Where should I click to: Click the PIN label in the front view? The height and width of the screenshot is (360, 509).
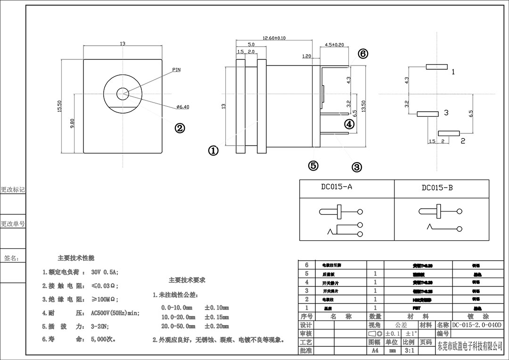pyautogui.click(x=176, y=70)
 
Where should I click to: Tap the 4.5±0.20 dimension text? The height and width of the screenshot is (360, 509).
pyautogui.click(x=334, y=45)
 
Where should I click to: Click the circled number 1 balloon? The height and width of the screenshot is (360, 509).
pyautogui.click(x=213, y=150)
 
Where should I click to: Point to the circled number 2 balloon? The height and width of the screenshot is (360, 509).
pyautogui.click(x=180, y=128)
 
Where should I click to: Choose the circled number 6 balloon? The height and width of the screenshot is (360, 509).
pyautogui.click(x=362, y=54)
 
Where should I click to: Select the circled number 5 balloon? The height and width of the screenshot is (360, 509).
pyautogui.click(x=313, y=165)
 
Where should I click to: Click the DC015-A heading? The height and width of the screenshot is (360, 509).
pyautogui.click(x=337, y=187)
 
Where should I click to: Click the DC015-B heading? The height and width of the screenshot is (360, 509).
pyautogui.click(x=437, y=188)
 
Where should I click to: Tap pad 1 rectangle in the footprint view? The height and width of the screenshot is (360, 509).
pyautogui.click(x=436, y=67)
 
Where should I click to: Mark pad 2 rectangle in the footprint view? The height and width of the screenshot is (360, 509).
pyautogui.click(x=449, y=134)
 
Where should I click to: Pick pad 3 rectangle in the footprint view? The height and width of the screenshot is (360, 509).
pyautogui.click(x=427, y=114)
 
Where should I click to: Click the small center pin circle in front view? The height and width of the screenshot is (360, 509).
pyautogui.click(x=123, y=94)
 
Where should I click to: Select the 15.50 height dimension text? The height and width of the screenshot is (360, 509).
pyautogui.click(x=60, y=106)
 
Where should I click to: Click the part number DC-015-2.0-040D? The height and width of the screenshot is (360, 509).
pyautogui.click(x=477, y=325)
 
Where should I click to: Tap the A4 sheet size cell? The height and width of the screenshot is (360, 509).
pyautogui.click(x=375, y=351)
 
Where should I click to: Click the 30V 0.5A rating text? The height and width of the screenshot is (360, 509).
pyautogui.click(x=105, y=272)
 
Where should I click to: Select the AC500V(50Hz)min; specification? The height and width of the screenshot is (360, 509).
pyautogui.click(x=115, y=313)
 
